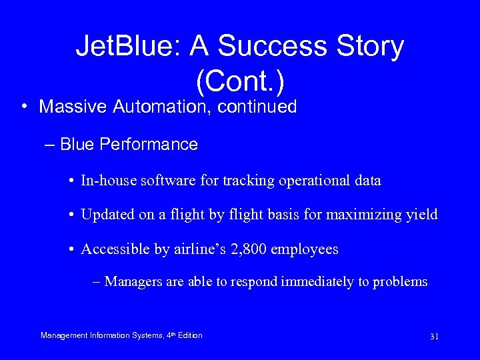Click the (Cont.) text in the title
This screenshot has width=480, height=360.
(x=240, y=81)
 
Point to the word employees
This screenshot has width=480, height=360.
(x=307, y=249)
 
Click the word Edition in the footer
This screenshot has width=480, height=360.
(x=190, y=335)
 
